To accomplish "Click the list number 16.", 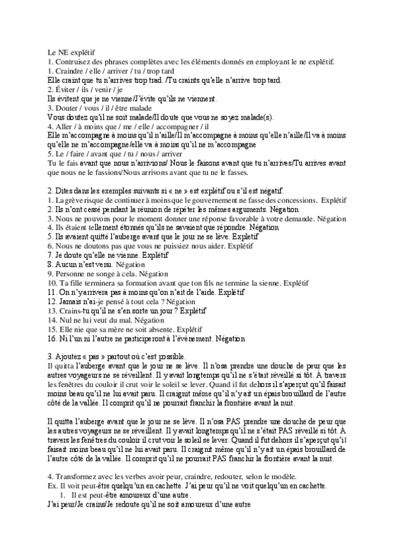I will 53,338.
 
